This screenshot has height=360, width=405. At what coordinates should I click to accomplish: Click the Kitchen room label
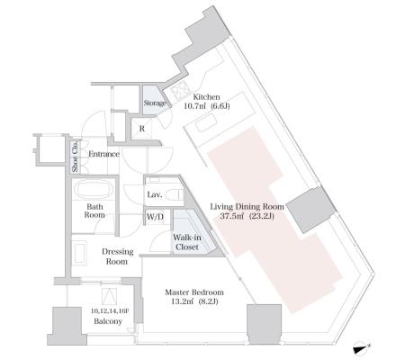click(206, 97)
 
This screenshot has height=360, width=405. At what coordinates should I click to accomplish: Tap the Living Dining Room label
click(247, 207)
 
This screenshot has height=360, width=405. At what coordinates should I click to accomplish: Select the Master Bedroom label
click(194, 292)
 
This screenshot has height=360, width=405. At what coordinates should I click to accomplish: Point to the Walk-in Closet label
click(187, 242)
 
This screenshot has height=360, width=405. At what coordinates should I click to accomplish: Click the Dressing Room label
click(117, 256)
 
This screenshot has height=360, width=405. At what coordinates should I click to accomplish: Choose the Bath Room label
click(94, 211)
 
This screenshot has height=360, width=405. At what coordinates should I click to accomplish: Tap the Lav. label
click(155, 194)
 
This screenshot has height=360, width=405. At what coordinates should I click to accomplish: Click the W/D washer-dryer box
click(156, 217)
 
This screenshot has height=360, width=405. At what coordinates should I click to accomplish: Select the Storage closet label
click(154, 103)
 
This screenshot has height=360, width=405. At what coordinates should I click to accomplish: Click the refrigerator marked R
click(142, 129)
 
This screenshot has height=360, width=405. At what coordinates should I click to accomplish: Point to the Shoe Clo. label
click(75, 157)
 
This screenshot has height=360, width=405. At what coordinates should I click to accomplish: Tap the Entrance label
click(103, 154)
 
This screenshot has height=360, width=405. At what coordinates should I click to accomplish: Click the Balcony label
click(108, 321)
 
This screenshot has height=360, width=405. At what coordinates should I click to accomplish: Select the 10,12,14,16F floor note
click(110, 311)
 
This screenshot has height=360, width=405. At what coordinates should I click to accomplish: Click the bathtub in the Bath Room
click(94, 190)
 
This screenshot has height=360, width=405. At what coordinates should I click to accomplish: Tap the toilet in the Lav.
click(175, 195)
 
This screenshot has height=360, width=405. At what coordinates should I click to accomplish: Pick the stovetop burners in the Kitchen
click(181, 89)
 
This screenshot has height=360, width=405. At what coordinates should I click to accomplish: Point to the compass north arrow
click(362, 349)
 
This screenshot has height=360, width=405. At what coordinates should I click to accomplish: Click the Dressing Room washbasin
click(80, 254)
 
